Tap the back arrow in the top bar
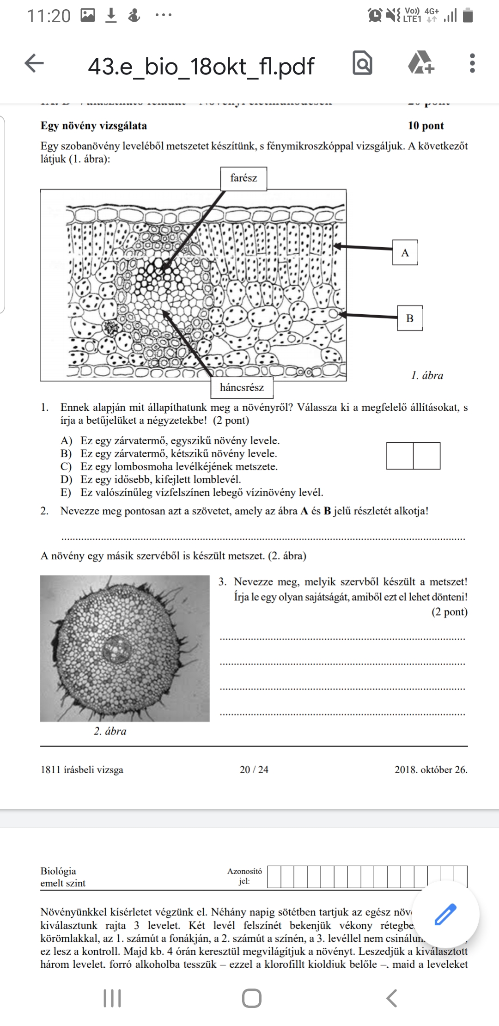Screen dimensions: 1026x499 (x=34, y=63)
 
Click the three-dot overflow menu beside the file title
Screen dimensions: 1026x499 (x=472, y=63)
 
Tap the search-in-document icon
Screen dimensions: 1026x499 (x=362, y=63)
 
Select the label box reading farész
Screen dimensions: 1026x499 (x=243, y=178)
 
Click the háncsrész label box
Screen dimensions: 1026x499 (x=242, y=387)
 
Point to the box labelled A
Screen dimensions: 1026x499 (x=405, y=252)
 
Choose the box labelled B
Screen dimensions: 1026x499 (x=410, y=318)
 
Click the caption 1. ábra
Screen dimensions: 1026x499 (x=427, y=375)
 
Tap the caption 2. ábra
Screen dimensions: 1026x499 (x=110, y=731)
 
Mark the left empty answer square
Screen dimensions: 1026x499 (x=400, y=456)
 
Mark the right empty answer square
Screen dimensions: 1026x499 (x=426, y=456)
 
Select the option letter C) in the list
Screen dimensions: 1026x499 (x=66, y=467)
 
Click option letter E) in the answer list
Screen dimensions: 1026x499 (x=66, y=493)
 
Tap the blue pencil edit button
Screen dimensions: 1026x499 (x=445, y=914)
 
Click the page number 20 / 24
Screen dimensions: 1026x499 (x=254, y=769)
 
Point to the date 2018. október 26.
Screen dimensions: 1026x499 (x=431, y=769)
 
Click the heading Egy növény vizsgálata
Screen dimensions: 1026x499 (x=94, y=126)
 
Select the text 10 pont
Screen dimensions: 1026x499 (x=426, y=126)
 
